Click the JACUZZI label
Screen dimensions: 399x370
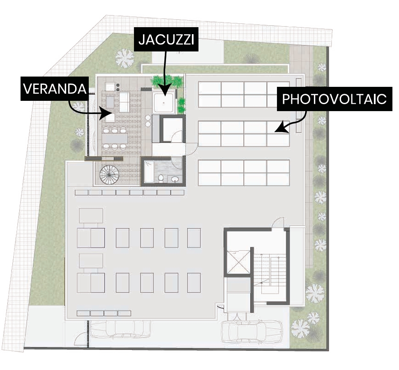pyautogui.click(x=166, y=40)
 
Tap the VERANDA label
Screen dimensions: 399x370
pyautogui.click(x=55, y=88)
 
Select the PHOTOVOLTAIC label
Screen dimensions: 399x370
pyautogui.click(x=334, y=99)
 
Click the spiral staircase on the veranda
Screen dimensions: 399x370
pyautogui.click(x=109, y=175)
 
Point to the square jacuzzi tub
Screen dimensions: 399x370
pyautogui.click(x=164, y=102)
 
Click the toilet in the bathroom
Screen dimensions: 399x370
pyautogui.click(x=161, y=178)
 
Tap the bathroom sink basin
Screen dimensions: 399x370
pyautogui.click(x=175, y=179)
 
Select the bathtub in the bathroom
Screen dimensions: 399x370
pyautogui.click(x=149, y=172)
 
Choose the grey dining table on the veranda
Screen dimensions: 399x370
pyautogui.click(x=115, y=139)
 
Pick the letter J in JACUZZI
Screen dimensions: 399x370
pyautogui.click(x=141, y=40)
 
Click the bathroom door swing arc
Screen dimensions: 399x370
pyautogui.click(x=176, y=163)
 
